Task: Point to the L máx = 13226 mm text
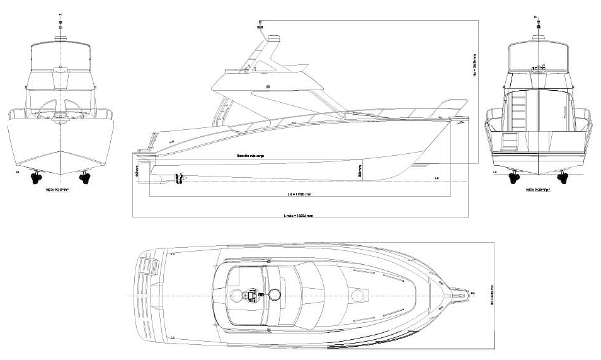299,216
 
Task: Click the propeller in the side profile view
179,179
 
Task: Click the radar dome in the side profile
275,40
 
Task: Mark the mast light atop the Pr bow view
60,24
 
